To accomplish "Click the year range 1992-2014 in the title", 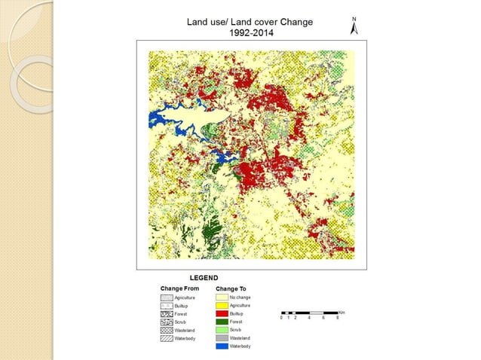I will click(251, 32).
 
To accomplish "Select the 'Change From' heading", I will click(179, 288).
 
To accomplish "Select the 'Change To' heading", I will click(231, 288).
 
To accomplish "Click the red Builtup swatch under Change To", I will click(222, 313).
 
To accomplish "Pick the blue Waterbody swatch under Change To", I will click(222, 346).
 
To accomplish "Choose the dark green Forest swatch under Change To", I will click(222, 322).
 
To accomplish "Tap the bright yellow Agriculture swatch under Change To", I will click(222, 306).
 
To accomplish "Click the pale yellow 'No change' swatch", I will click(222, 297).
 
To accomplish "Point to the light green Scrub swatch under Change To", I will click(222, 330).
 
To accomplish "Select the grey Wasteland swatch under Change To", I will click(222, 337).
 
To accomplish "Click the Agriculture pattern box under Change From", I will click(167, 298).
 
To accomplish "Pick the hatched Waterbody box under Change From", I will click(167, 338).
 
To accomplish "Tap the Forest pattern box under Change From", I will click(167, 314).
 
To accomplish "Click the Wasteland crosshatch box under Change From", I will click(167, 330).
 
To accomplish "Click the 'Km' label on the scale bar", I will click(342, 311).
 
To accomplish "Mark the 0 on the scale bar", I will click(281, 318).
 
